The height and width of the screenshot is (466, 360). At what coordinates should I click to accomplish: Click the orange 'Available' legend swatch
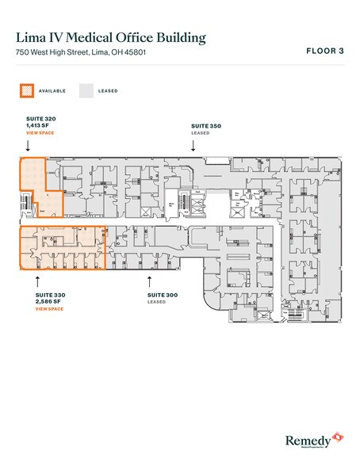pyautogui.click(x=27, y=90)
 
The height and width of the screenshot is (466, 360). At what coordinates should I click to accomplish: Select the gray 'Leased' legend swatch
pyautogui.click(x=86, y=90)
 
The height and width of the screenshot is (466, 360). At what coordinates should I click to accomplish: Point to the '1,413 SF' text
pyautogui.click(x=37, y=126)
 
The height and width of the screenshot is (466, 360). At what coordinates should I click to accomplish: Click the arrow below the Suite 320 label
pyautogui.click(x=28, y=147)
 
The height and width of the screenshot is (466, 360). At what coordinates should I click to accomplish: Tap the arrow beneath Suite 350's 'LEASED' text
pyautogui.click(x=193, y=147)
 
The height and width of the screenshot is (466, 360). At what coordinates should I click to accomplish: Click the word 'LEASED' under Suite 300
pyautogui.click(x=156, y=301)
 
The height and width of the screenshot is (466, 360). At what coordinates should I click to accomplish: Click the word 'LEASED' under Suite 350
pyautogui.click(x=200, y=133)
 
